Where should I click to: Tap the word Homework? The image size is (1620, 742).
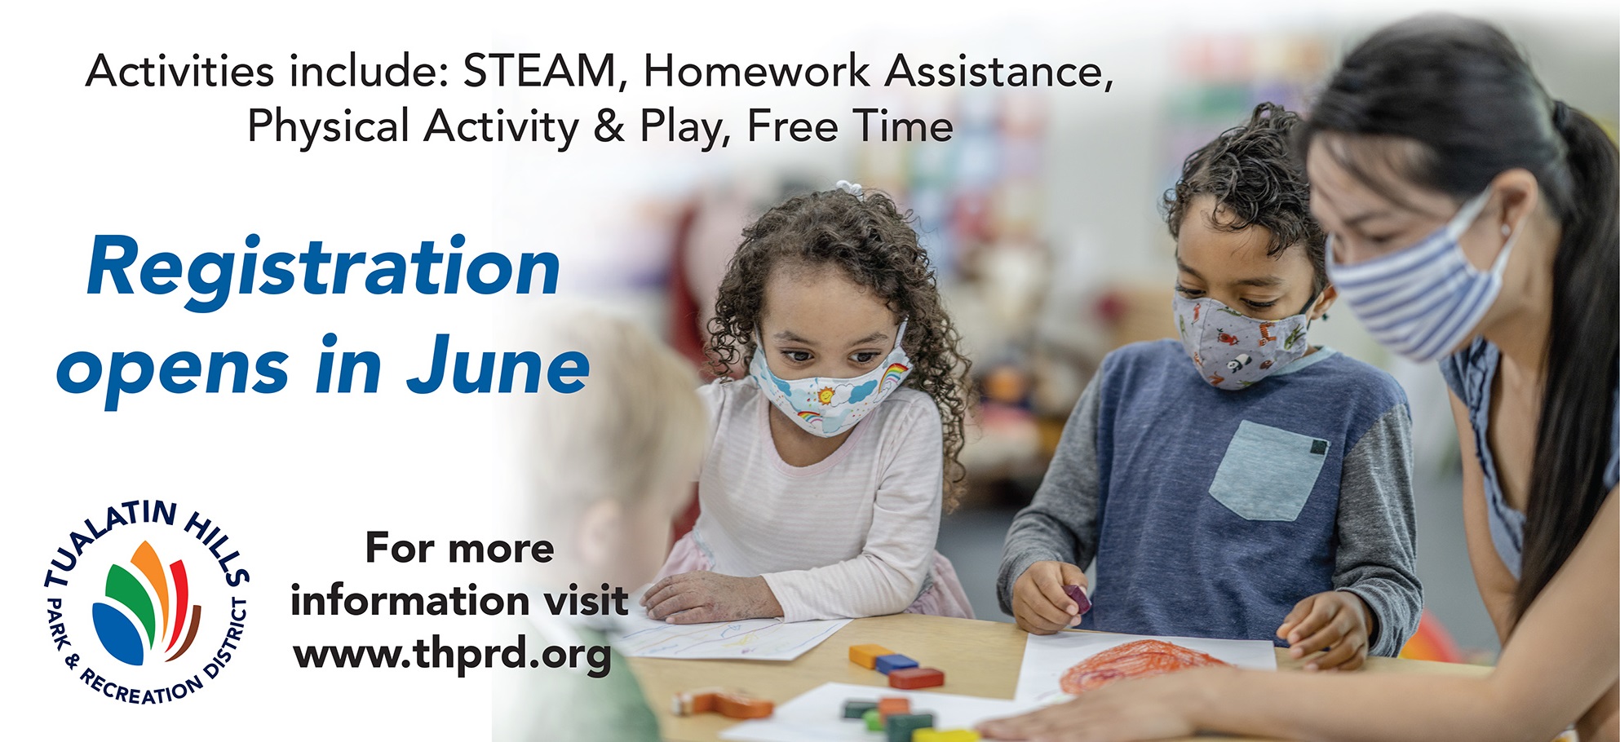coord(757,71)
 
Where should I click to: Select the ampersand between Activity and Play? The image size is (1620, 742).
coord(609,126)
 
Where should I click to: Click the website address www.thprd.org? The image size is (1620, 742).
coord(453,656)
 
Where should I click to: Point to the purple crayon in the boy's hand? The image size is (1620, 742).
coord(1077,598)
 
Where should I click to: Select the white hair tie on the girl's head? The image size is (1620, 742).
coord(851,188)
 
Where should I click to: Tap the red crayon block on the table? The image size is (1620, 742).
coord(916,677)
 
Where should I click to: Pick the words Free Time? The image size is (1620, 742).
coord(850,126)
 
